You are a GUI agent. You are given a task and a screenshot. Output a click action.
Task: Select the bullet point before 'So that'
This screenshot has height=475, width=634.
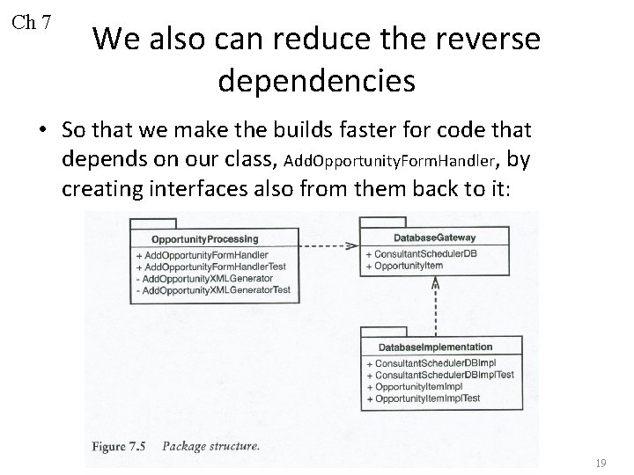pos(42,131)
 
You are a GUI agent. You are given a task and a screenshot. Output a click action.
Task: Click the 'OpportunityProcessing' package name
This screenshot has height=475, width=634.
pos(205,238)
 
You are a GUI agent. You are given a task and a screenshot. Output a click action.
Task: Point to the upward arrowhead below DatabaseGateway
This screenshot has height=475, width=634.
pos(434,283)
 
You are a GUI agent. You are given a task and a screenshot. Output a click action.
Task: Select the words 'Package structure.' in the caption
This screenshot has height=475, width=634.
pos(211,446)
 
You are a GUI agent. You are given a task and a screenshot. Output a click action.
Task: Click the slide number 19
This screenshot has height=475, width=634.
pos(602,463)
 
